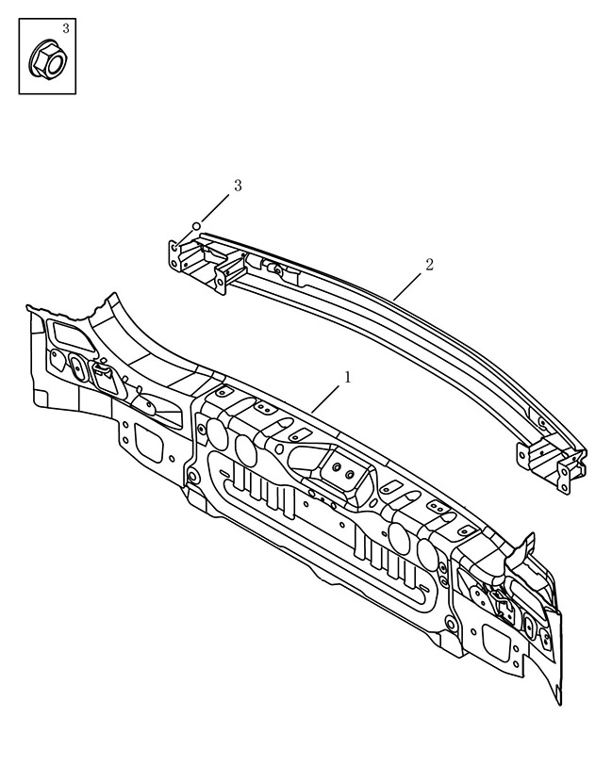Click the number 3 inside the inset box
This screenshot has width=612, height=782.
[x=66, y=27]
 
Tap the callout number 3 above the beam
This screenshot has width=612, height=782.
[x=239, y=186]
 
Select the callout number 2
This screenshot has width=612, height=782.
[x=429, y=265]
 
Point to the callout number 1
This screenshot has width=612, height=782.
[x=347, y=377]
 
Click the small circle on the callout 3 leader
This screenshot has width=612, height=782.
[x=197, y=225]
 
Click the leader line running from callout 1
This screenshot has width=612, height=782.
[x=326, y=398]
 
